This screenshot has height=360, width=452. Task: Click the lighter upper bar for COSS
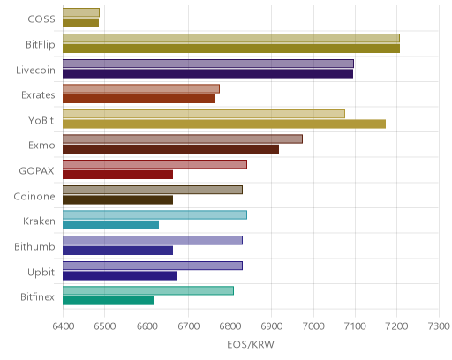(81, 12)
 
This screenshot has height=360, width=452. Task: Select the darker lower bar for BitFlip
(231, 49)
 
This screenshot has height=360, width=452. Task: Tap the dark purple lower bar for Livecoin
(207, 73)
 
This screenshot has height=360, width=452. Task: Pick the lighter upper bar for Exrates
(141, 88)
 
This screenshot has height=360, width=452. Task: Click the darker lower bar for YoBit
(224, 124)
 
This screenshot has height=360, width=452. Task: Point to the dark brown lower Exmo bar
(170, 149)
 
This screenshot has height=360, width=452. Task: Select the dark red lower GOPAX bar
(117, 175)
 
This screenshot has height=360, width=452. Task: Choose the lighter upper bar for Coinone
(153, 190)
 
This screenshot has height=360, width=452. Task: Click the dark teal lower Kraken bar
(110, 225)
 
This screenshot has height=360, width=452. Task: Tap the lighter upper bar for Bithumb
(153, 240)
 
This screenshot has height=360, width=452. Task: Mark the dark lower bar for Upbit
(120, 275)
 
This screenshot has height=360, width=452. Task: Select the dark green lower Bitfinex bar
(109, 301)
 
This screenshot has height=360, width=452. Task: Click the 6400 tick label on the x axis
(63, 326)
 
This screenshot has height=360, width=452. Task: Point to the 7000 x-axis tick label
(313, 326)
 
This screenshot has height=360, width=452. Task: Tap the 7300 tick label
(439, 326)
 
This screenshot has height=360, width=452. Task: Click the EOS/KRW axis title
(251, 344)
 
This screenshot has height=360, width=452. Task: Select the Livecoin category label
(35, 71)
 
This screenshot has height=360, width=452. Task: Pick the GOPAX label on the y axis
(37, 171)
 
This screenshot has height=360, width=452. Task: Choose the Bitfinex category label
(38, 297)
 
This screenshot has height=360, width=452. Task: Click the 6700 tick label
(188, 326)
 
